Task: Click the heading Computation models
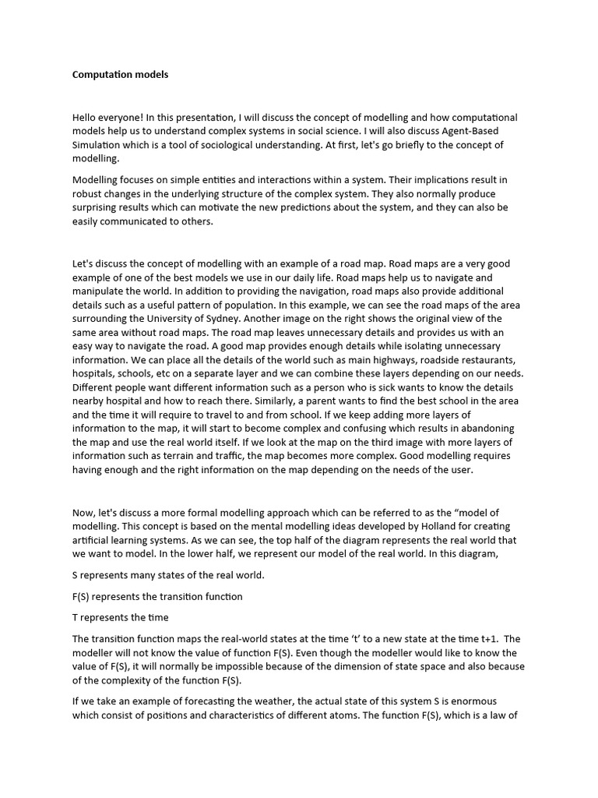pyautogui.click(x=120, y=75)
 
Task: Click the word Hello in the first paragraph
pyautogui.click(x=86, y=118)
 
